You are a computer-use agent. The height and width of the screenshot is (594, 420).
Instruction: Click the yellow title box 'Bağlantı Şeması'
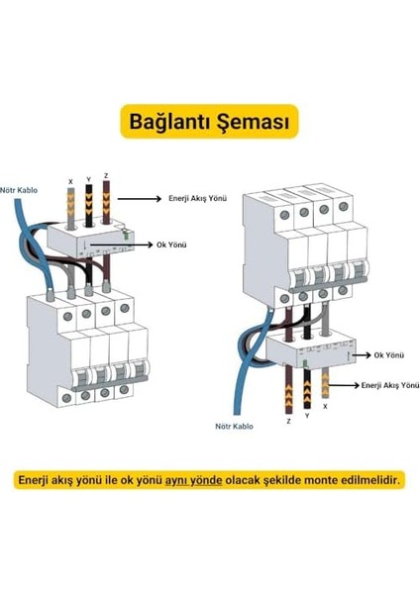[x=210, y=122]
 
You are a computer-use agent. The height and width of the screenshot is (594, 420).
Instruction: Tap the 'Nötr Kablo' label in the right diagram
[x=234, y=427]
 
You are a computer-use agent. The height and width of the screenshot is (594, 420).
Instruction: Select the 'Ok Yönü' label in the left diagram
[x=174, y=243]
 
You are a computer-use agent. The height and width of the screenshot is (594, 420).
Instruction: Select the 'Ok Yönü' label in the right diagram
[x=387, y=353]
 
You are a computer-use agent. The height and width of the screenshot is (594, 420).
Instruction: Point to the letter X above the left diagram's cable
[x=70, y=182]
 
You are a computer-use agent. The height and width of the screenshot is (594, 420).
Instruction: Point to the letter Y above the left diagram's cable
[x=89, y=179]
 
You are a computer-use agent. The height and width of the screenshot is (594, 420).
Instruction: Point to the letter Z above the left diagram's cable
[x=106, y=177]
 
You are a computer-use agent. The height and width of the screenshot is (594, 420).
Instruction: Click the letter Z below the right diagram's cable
[x=288, y=421]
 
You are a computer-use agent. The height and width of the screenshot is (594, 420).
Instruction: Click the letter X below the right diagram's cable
[x=326, y=407]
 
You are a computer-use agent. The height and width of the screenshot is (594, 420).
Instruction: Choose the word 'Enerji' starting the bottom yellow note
[x=35, y=480]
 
